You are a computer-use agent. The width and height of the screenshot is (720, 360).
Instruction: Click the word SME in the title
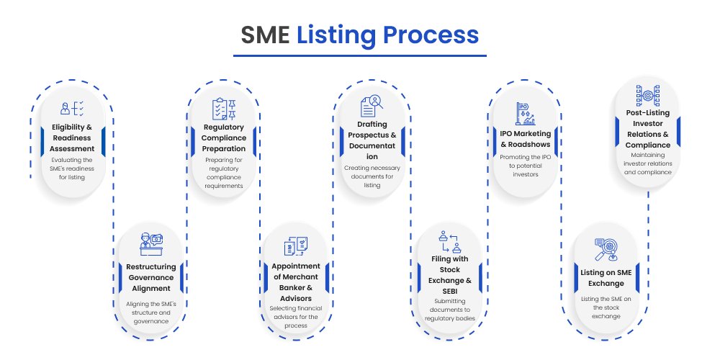(265, 35)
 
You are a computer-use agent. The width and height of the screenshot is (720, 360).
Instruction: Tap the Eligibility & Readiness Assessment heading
(72, 138)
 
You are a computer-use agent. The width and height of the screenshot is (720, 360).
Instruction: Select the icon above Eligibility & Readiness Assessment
(72, 109)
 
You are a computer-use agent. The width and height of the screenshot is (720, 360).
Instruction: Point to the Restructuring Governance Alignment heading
(151, 276)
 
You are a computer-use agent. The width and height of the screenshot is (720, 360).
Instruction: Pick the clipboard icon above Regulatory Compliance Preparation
(225, 109)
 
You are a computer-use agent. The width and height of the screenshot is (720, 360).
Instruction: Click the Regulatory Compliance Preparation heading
(225, 138)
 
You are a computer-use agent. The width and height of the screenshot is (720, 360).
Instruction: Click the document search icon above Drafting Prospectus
(372, 106)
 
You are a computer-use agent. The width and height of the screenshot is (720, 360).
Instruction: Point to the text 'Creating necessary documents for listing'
(372, 176)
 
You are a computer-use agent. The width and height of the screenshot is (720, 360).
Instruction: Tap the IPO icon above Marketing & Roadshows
(526, 113)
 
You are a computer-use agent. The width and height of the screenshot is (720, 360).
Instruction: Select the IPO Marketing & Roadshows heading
(526, 138)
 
